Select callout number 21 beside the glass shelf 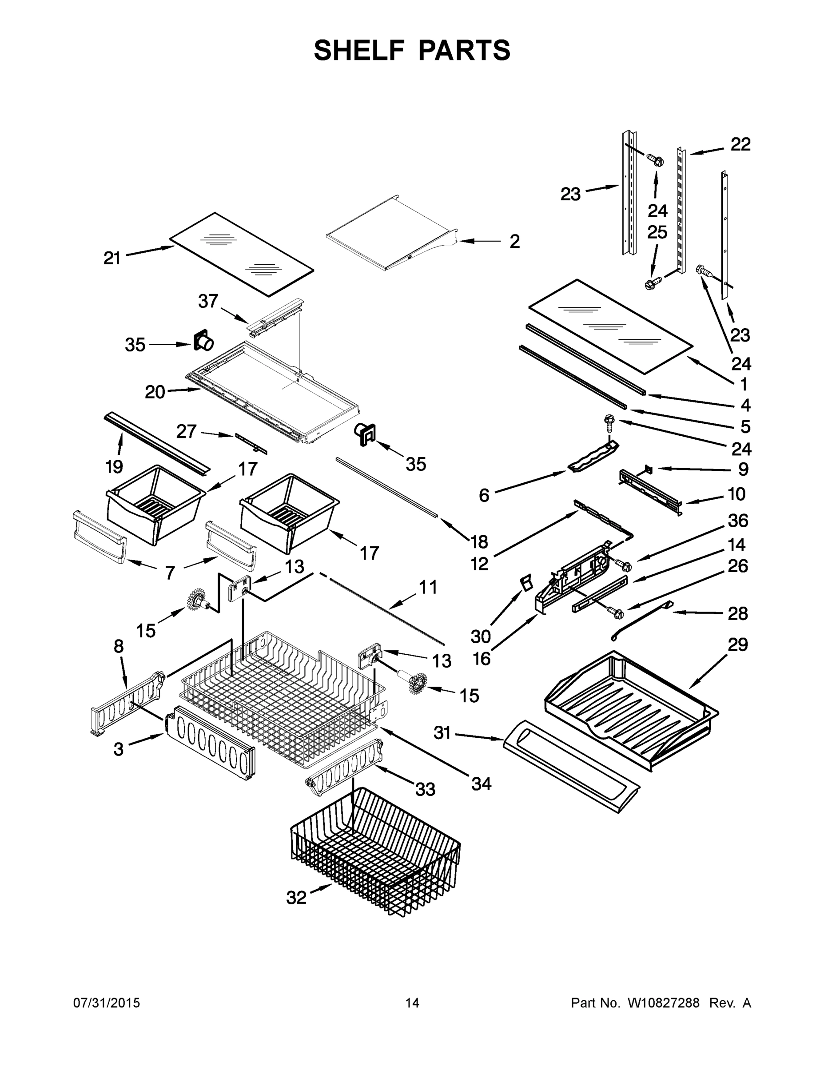112,258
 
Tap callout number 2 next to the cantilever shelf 514,241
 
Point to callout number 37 208,301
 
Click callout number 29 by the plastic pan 737,645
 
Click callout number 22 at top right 740,144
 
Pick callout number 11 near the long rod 428,587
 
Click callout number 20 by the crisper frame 155,391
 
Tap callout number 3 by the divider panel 119,749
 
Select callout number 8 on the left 119,647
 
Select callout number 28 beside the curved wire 737,613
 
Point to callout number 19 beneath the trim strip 114,467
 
